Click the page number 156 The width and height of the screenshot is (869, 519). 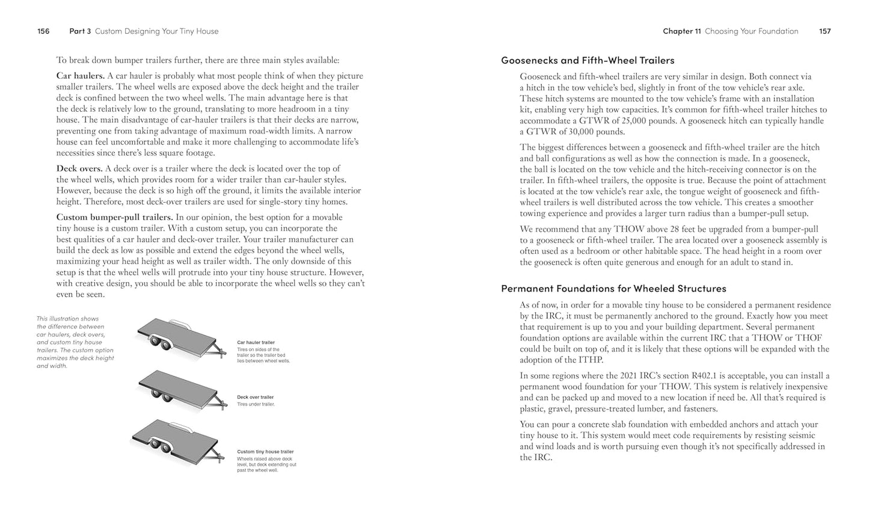43,31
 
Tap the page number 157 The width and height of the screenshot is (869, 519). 824,31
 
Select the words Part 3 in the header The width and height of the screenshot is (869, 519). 80,31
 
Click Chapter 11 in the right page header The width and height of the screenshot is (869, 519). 682,31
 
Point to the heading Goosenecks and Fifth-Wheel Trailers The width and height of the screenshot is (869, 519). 588,60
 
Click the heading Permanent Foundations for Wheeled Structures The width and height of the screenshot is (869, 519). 613,289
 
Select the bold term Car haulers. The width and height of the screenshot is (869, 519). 81,76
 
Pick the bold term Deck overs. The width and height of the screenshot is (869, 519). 79,169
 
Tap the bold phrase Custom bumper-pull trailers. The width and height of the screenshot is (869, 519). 114,218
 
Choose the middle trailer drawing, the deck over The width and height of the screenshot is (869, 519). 180,390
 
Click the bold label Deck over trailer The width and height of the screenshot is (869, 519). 255,398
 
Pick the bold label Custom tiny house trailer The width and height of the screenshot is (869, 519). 265,452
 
